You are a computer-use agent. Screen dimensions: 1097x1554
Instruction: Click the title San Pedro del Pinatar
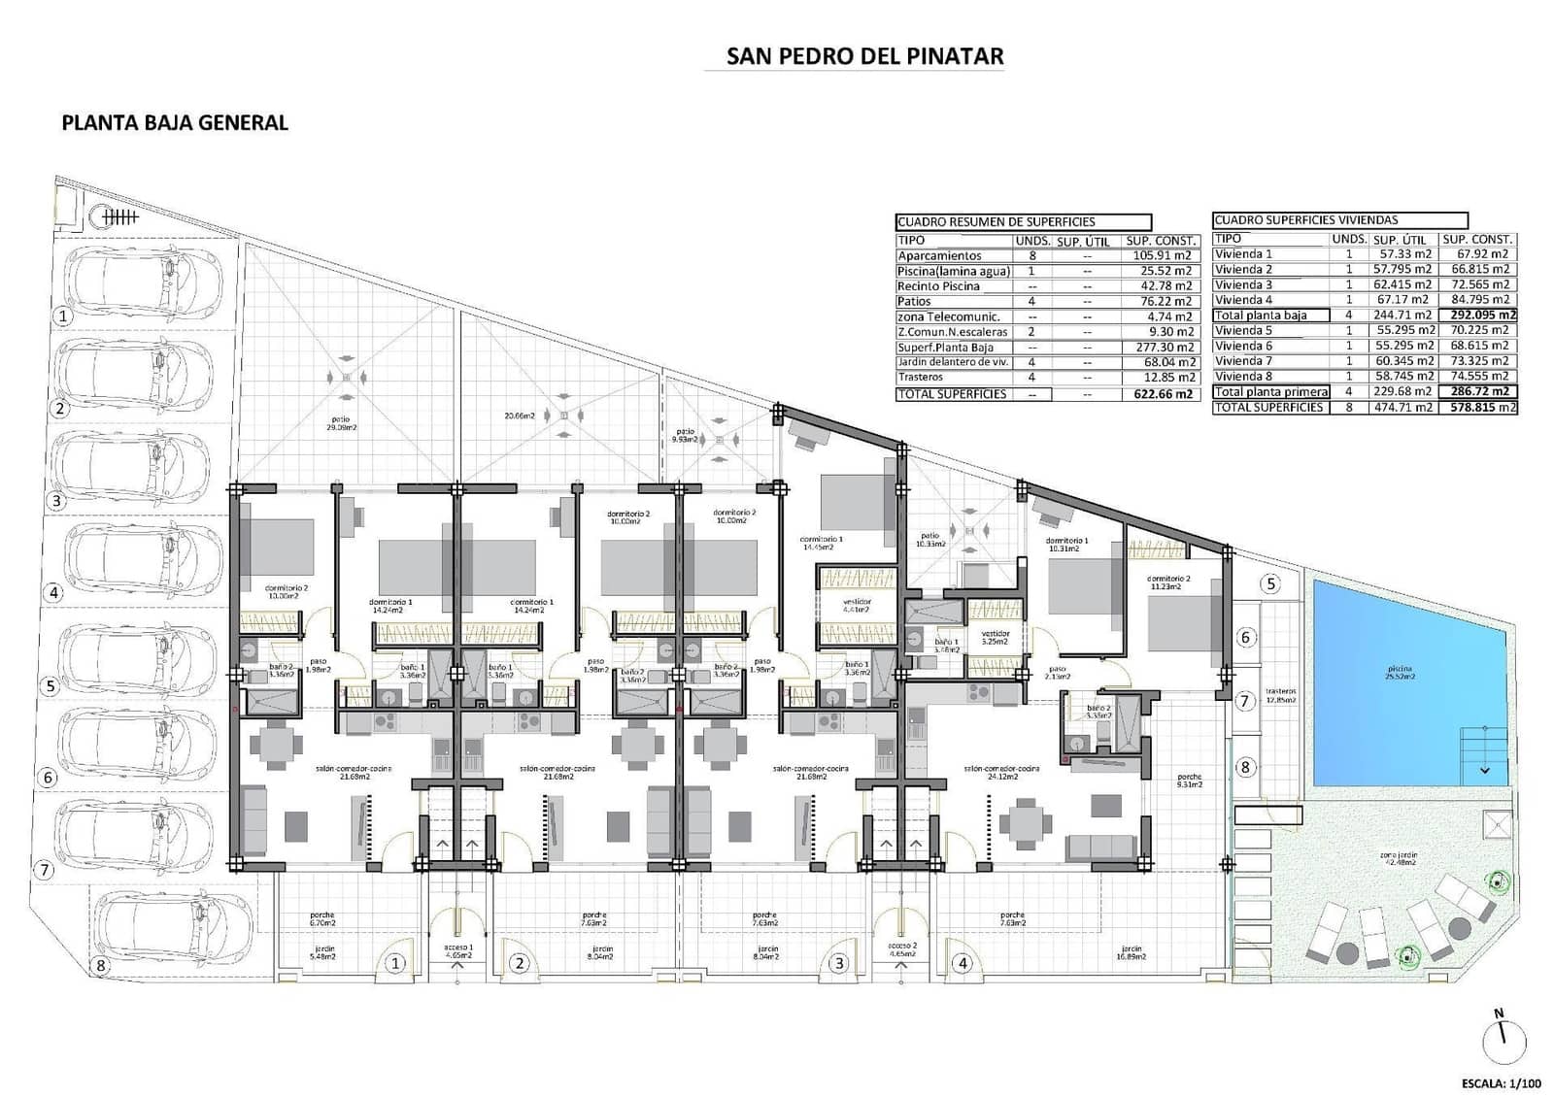(x=864, y=56)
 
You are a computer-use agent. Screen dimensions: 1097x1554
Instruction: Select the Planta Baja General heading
(x=175, y=122)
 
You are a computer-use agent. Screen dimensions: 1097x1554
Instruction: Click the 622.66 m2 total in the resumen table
(x=1163, y=394)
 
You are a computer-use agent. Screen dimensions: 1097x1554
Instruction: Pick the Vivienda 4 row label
(x=1243, y=300)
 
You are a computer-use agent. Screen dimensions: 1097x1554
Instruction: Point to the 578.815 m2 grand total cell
(x=1479, y=408)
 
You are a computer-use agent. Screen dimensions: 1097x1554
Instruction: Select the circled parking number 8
(x=99, y=966)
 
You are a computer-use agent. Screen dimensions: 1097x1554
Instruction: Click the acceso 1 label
(x=457, y=950)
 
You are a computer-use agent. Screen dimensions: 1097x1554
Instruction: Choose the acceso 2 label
(x=899, y=950)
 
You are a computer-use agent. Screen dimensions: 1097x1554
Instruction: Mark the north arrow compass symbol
(x=1504, y=1039)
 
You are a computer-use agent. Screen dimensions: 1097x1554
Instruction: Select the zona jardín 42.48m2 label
(x=1399, y=860)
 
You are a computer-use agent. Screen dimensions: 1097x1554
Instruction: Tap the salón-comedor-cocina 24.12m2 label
(x=1001, y=772)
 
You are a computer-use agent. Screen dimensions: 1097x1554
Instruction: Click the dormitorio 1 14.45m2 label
(x=822, y=543)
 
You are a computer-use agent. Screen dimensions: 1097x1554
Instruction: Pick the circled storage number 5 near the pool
(x=1270, y=584)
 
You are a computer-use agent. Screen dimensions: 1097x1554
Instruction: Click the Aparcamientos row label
(x=939, y=255)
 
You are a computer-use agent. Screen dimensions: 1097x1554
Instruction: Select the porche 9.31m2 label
(x=1189, y=781)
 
